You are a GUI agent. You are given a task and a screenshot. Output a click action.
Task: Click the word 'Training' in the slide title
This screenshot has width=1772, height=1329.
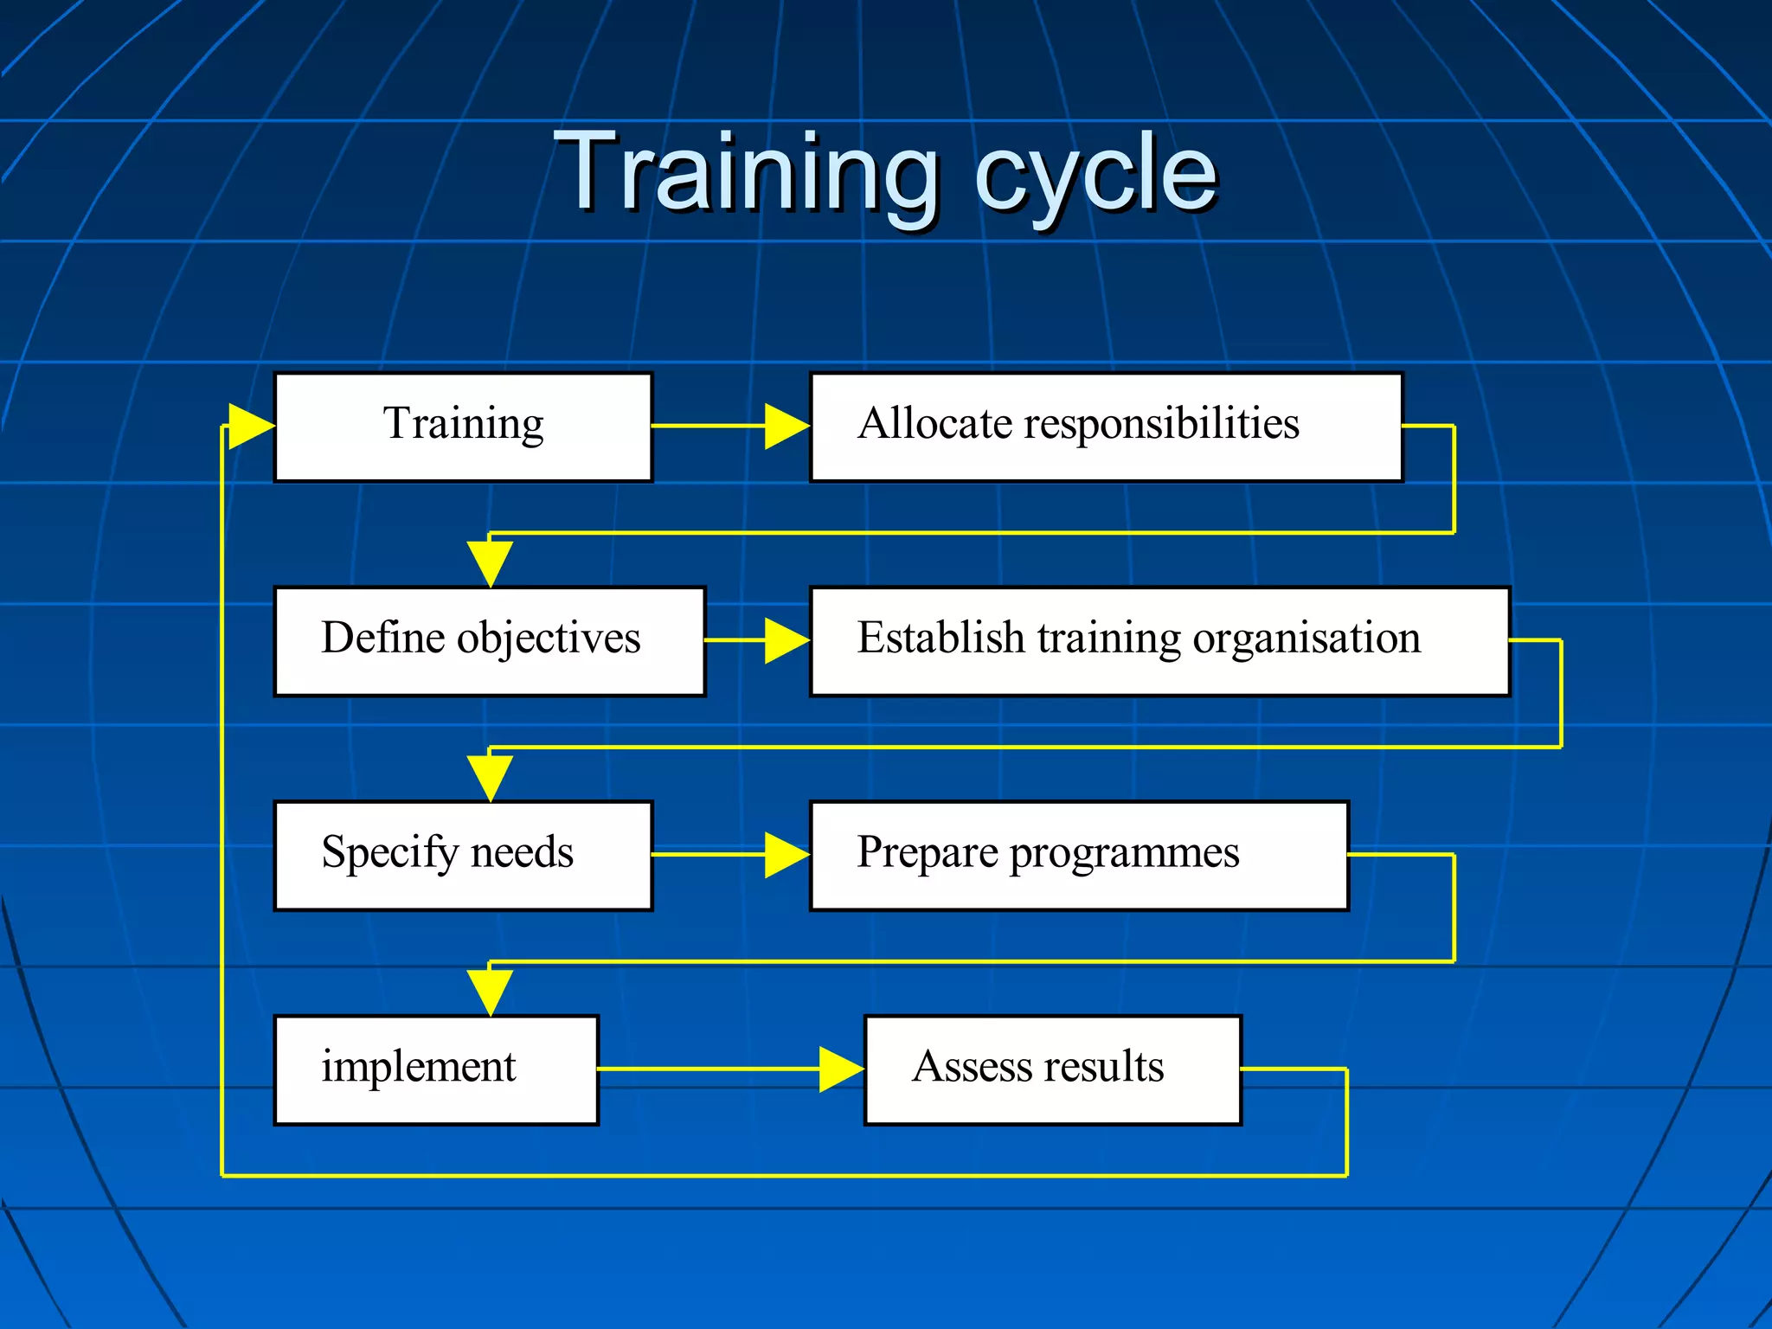(x=746, y=173)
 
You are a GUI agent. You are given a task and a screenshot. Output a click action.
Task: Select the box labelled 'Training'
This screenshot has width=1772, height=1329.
(x=463, y=427)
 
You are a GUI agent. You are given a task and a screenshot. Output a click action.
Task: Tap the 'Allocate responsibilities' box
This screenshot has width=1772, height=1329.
(x=1106, y=427)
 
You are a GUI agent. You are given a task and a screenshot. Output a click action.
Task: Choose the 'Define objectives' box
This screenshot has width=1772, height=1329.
(x=490, y=641)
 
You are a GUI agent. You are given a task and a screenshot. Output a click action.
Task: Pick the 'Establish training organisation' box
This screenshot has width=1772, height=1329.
(x=1159, y=641)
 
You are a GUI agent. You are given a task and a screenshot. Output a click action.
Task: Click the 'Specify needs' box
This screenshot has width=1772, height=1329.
(x=463, y=855)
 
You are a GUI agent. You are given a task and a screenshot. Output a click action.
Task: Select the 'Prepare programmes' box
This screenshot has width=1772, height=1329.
(x=1079, y=855)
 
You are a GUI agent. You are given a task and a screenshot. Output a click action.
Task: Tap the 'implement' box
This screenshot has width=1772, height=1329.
(x=436, y=1069)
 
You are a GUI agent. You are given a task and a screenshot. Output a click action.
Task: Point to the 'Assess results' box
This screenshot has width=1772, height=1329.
(x=1052, y=1069)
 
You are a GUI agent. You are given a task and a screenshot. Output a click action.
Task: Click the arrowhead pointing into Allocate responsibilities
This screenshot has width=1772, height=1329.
(x=786, y=427)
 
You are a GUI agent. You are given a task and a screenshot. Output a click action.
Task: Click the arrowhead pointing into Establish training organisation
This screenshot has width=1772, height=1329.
(x=786, y=641)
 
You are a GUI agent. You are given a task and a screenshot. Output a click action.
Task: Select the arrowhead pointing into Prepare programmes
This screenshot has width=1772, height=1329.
(x=786, y=855)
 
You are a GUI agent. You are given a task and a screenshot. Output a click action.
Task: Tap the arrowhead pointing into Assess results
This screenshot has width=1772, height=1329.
(x=839, y=1069)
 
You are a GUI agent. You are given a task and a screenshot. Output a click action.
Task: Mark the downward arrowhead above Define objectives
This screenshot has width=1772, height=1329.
(x=490, y=562)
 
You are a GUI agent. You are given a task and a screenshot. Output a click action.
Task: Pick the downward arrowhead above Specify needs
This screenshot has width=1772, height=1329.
(x=490, y=777)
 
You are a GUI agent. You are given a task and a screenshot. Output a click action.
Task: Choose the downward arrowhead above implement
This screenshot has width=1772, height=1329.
(x=490, y=992)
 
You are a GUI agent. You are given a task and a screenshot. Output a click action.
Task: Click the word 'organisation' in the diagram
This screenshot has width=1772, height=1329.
(x=1307, y=639)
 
